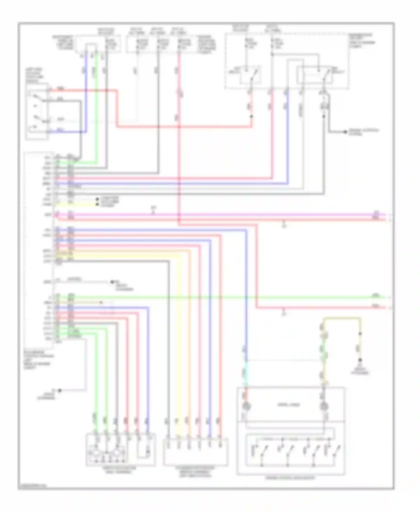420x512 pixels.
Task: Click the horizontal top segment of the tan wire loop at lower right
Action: click(x=342, y=318)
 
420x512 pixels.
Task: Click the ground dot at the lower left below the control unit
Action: click(x=59, y=390)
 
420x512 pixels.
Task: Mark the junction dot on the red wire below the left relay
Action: click(x=251, y=116)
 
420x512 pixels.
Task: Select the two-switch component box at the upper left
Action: click(x=37, y=111)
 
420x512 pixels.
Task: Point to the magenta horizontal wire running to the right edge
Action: click(x=224, y=215)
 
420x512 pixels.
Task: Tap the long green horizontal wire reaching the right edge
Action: click(x=224, y=297)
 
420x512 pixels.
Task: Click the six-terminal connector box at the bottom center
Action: click(x=195, y=452)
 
